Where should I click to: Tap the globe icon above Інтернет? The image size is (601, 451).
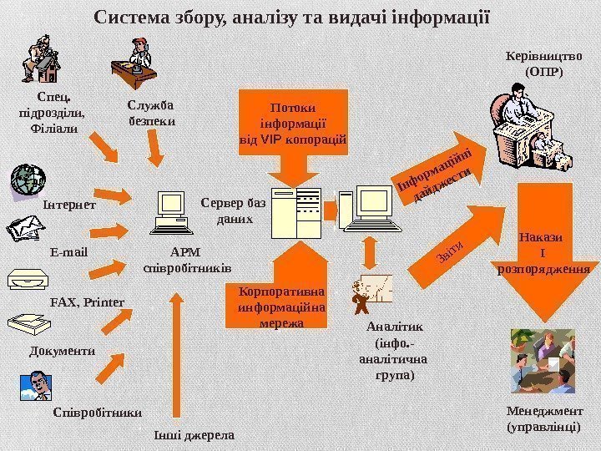point(28,179)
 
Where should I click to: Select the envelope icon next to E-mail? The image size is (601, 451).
point(26,228)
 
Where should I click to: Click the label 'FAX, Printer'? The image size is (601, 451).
point(88,301)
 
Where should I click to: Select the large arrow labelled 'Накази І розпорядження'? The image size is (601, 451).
point(543,251)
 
